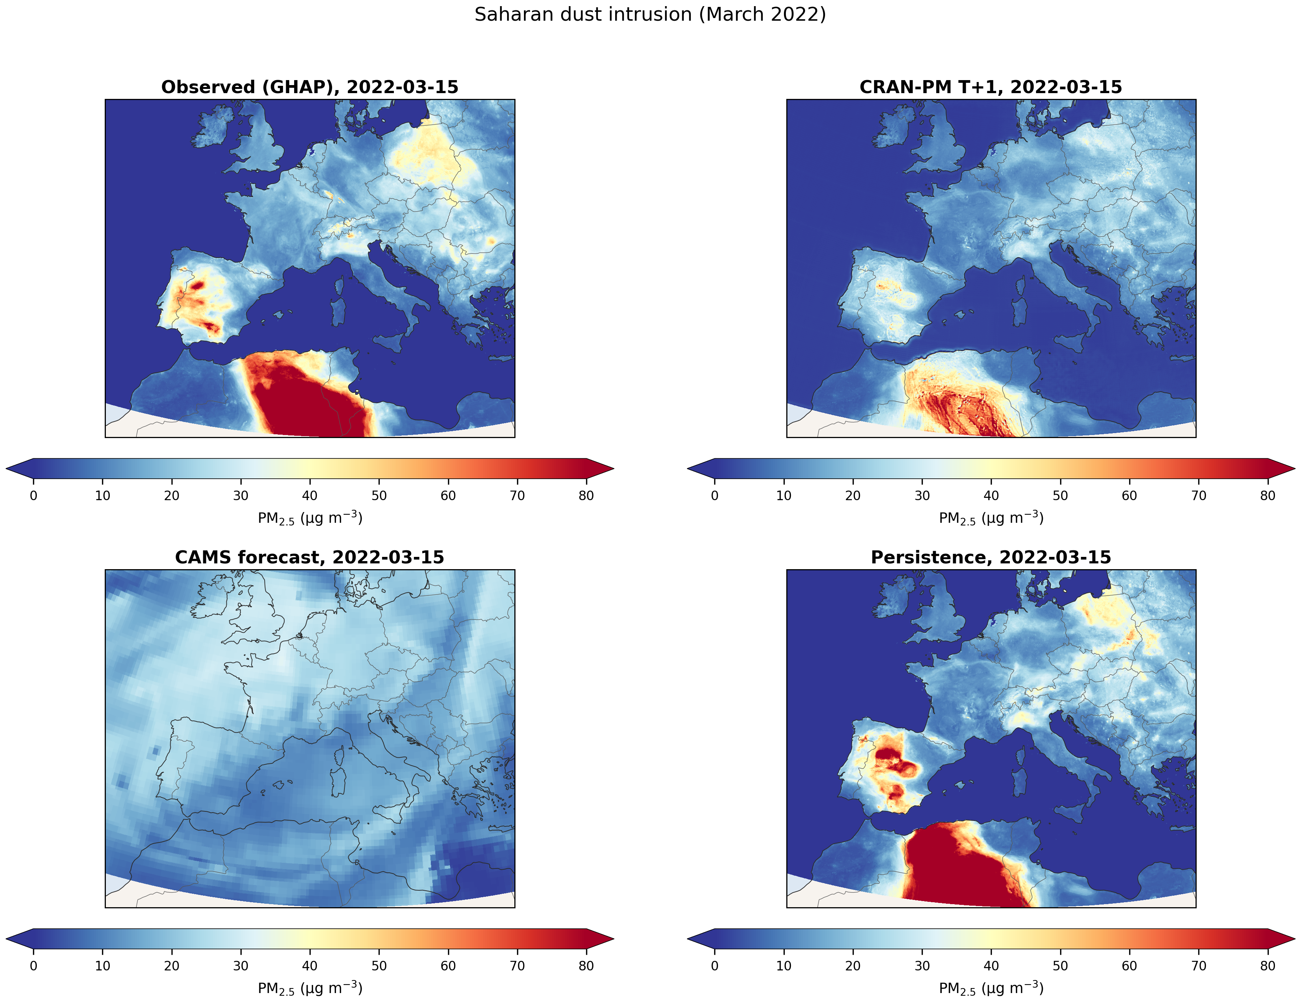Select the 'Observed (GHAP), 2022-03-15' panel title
click(310, 87)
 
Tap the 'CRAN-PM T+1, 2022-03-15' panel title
click(991, 87)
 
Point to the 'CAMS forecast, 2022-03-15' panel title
click(310, 557)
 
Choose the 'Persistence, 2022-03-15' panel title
click(991, 557)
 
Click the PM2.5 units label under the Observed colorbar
click(310, 518)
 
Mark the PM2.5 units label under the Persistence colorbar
click(991, 988)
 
